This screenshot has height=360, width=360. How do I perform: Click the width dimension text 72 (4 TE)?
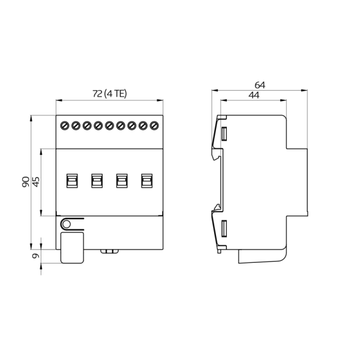[109, 94]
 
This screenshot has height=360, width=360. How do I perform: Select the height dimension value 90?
[26, 182]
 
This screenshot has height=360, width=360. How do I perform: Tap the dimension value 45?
[35, 182]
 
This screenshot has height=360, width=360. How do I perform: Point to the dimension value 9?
[35, 256]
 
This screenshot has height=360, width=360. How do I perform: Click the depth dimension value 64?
[259, 85]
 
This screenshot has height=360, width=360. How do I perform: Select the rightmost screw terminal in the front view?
[154, 125]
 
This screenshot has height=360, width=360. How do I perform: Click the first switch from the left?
[71, 180]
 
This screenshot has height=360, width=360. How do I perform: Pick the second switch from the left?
[96, 180]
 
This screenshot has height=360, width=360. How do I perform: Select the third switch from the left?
[121, 180]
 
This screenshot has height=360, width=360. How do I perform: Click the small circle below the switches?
[66, 224]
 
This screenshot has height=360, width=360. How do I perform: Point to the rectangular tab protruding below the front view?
[71, 247]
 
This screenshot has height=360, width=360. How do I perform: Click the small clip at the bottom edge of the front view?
[109, 251]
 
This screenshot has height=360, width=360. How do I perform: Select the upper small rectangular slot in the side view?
[224, 133]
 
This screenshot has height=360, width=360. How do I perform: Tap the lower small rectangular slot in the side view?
[224, 229]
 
